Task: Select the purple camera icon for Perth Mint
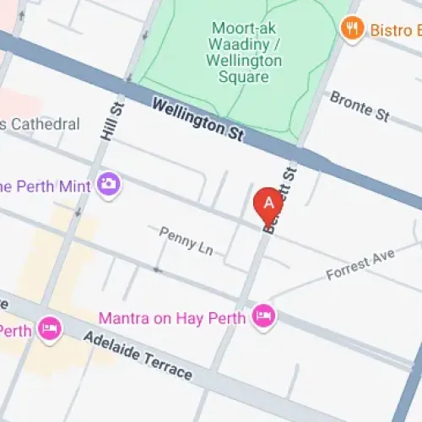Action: click(108, 183)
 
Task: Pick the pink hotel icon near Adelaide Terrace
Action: click(50, 327)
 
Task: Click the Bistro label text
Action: click(395, 30)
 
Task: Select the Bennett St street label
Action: click(282, 202)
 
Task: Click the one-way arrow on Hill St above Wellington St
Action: click(148, 35)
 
